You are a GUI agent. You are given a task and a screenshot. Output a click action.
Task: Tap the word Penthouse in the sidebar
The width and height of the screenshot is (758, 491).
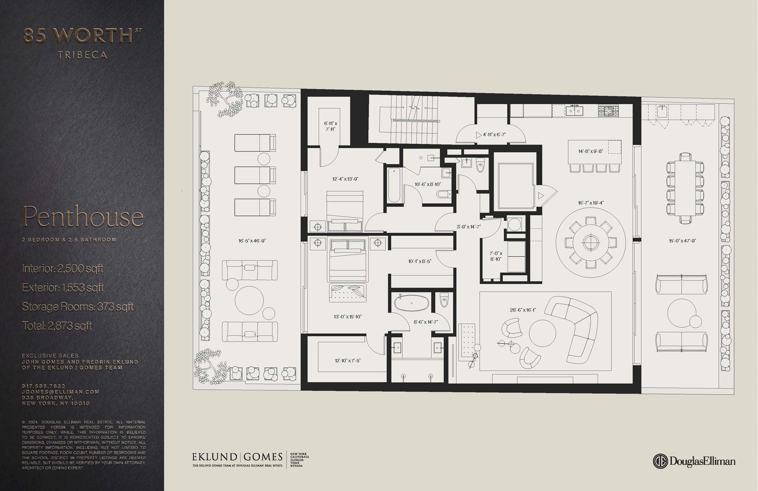click(x=83, y=217)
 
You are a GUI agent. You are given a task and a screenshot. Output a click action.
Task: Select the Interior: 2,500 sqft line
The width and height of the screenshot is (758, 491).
click(x=63, y=269)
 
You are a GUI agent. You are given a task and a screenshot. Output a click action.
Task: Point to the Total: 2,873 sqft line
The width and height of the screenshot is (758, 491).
click(x=57, y=326)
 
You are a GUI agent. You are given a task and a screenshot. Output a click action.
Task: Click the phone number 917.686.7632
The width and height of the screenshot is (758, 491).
click(x=43, y=386)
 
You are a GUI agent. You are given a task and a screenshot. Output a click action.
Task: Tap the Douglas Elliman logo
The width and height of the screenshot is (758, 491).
click(x=694, y=461)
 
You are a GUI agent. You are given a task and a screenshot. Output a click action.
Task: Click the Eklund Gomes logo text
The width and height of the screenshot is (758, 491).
click(x=237, y=457)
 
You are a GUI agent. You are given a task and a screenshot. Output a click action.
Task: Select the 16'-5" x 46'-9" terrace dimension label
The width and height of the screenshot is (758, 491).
click(x=252, y=241)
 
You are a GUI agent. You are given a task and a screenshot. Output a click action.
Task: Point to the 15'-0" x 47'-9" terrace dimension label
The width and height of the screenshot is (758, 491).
click(x=682, y=241)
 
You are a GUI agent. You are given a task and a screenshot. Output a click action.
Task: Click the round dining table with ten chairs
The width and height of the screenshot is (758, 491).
click(x=591, y=242)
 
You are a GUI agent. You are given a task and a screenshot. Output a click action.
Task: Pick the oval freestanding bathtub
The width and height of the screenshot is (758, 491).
click(x=411, y=303)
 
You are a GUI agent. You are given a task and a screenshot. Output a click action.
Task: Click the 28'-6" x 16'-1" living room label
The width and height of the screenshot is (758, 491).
click(x=523, y=310)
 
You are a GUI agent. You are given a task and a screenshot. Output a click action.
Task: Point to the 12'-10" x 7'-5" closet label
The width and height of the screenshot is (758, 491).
click(x=347, y=361)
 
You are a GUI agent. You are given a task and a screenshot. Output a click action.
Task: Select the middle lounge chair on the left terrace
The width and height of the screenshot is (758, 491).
click(x=255, y=175)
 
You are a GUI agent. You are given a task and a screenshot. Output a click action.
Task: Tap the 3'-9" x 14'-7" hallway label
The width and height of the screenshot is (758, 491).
click(x=469, y=227)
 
